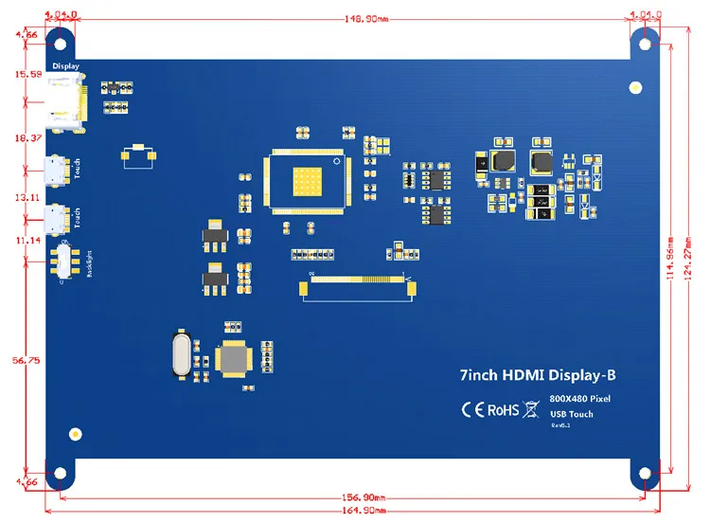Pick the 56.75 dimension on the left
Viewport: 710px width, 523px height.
pyautogui.click(x=25, y=360)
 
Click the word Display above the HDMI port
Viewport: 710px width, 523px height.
pyautogui.click(x=65, y=66)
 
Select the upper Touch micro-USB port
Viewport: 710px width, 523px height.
pyautogui.click(x=55, y=171)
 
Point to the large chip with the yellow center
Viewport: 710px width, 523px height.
pyautogui.click(x=305, y=178)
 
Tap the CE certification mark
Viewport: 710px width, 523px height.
pyautogui.click(x=472, y=409)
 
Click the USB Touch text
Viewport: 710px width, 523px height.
pyautogui.click(x=572, y=414)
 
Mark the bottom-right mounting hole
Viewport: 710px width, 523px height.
pyautogui.click(x=646, y=473)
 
